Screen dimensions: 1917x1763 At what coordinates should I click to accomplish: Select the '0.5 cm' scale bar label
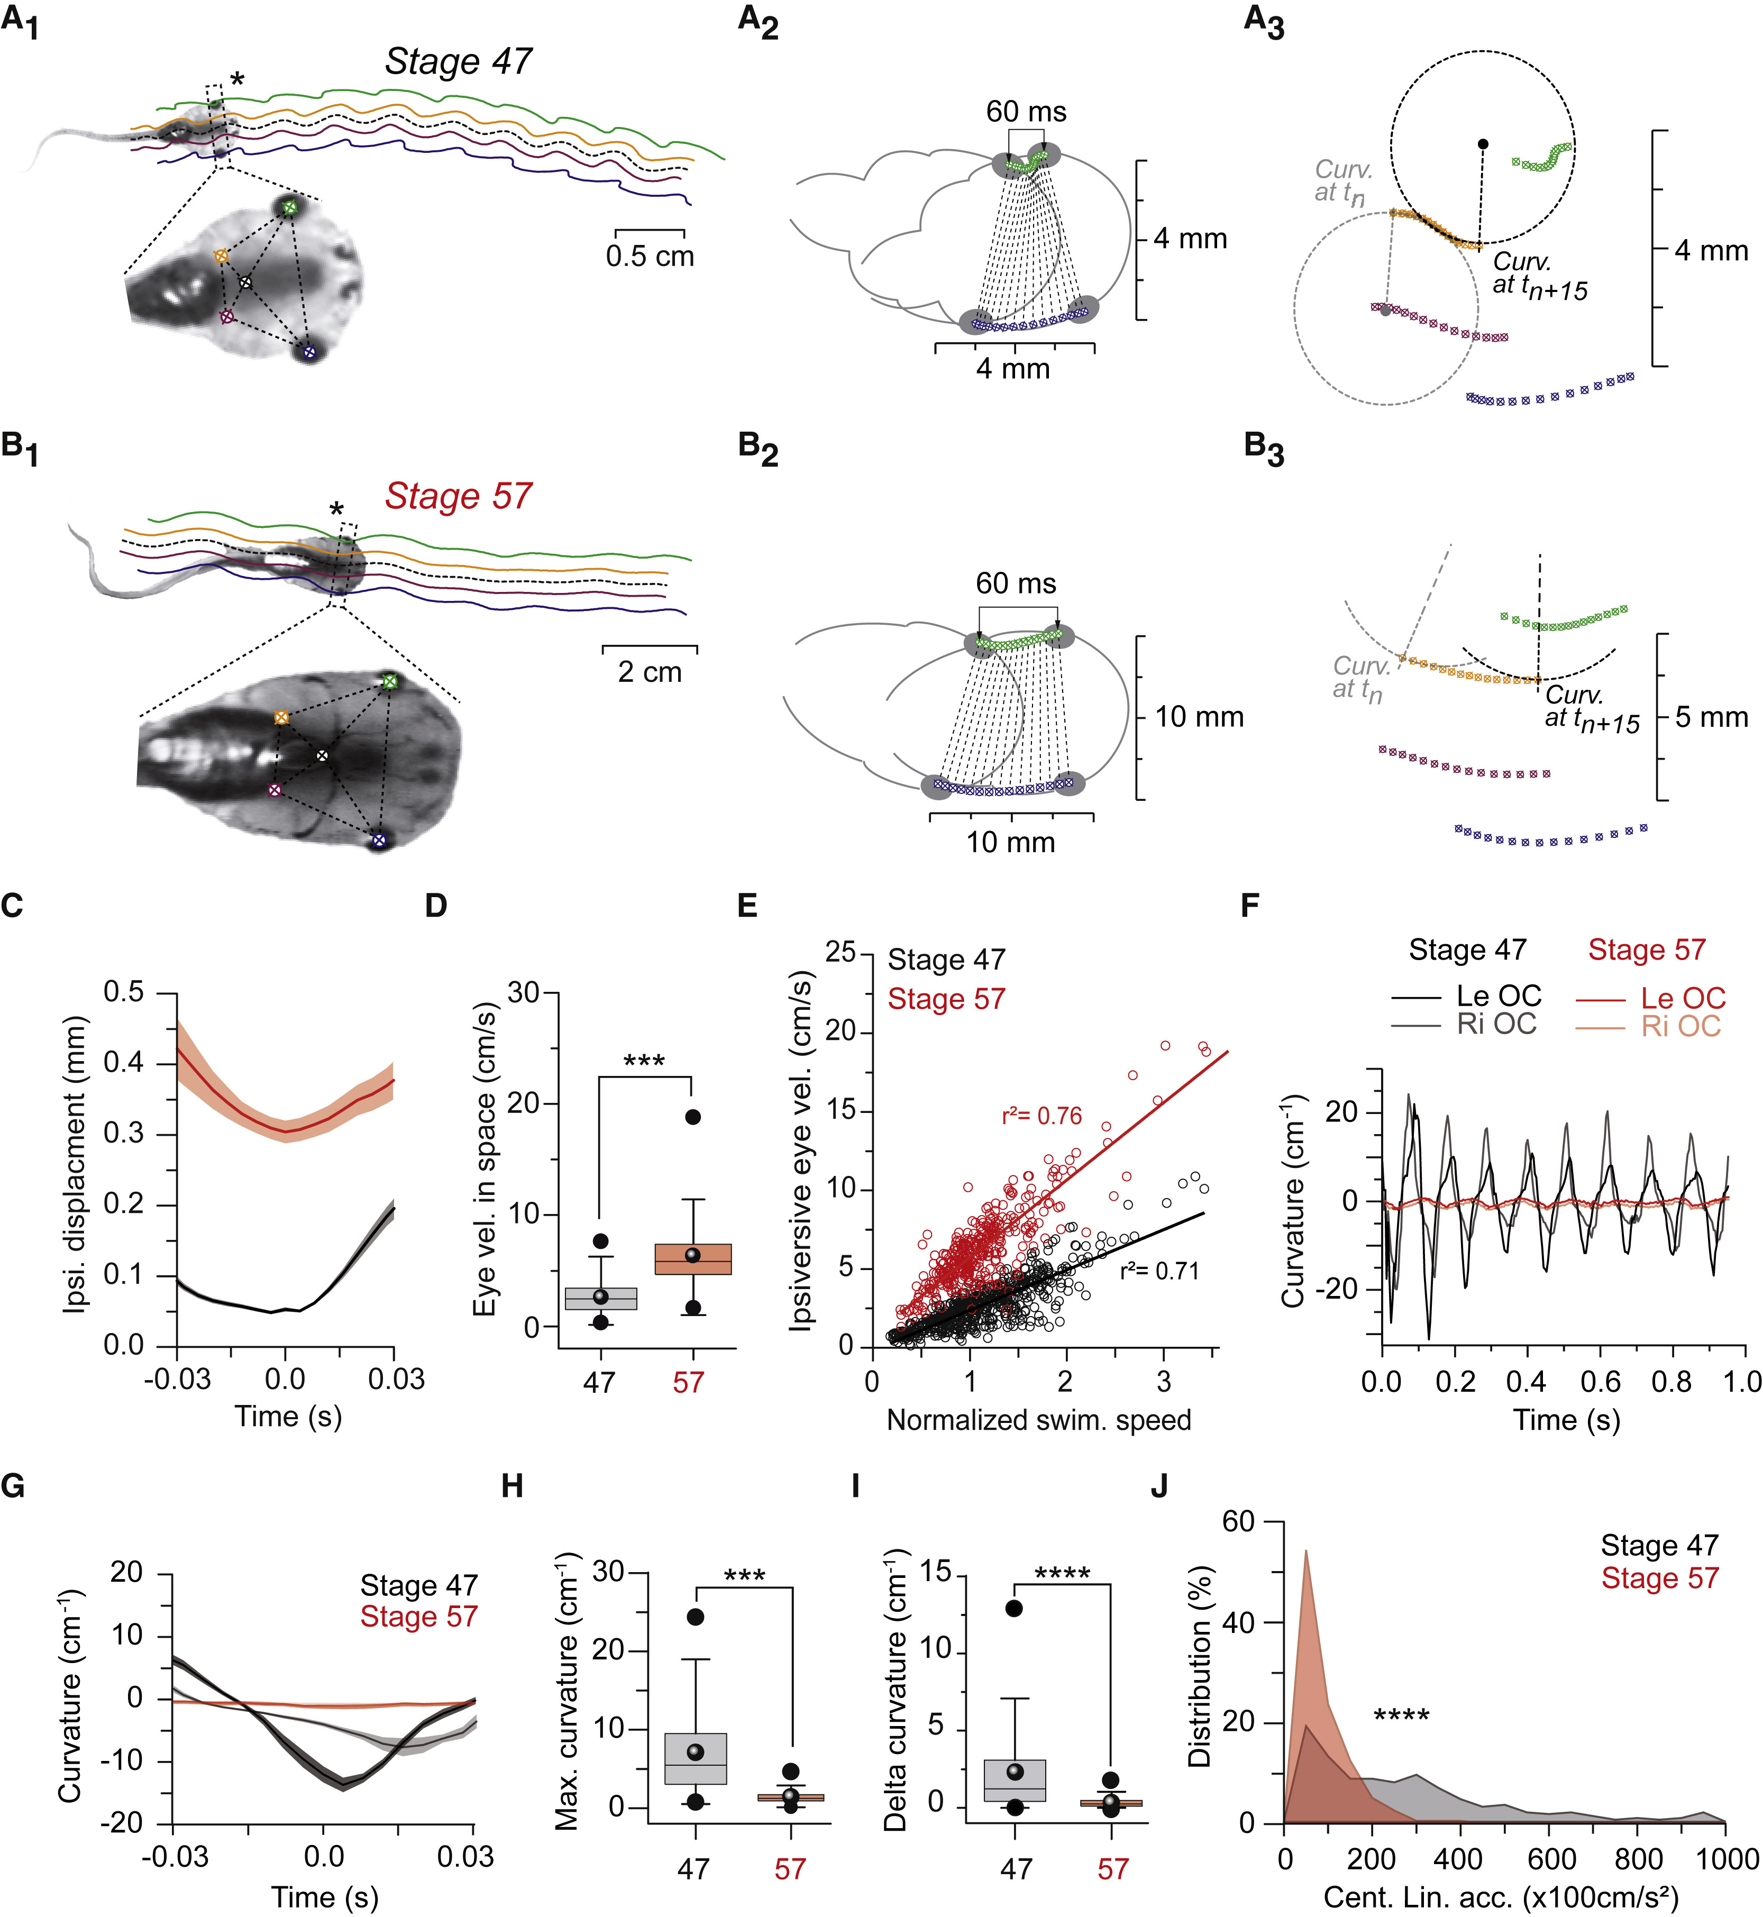pyautogui.click(x=650, y=255)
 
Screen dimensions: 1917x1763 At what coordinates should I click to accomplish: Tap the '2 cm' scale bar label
pyautogui.click(x=650, y=672)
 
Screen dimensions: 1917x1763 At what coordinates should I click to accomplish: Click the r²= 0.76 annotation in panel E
pyautogui.click(x=1042, y=1116)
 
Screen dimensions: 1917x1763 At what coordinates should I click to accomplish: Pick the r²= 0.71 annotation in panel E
pyautogui.click(x=1159, y=1271)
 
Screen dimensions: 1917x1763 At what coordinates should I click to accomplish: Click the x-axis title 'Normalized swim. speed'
pyautogui.click(x=1039, y=1420)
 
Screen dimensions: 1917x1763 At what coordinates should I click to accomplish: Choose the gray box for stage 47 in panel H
pyautogui.click(x=696, y=1758)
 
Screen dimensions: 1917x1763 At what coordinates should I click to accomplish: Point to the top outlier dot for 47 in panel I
pyautogui.click(x=1014, y=1608)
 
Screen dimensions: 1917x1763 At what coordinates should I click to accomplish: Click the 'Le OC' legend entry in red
pyautogui.click(x=1683, y=998)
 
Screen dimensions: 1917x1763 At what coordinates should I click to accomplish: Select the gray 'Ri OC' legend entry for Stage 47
pyautogui.click(x=1496, y=1025)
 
